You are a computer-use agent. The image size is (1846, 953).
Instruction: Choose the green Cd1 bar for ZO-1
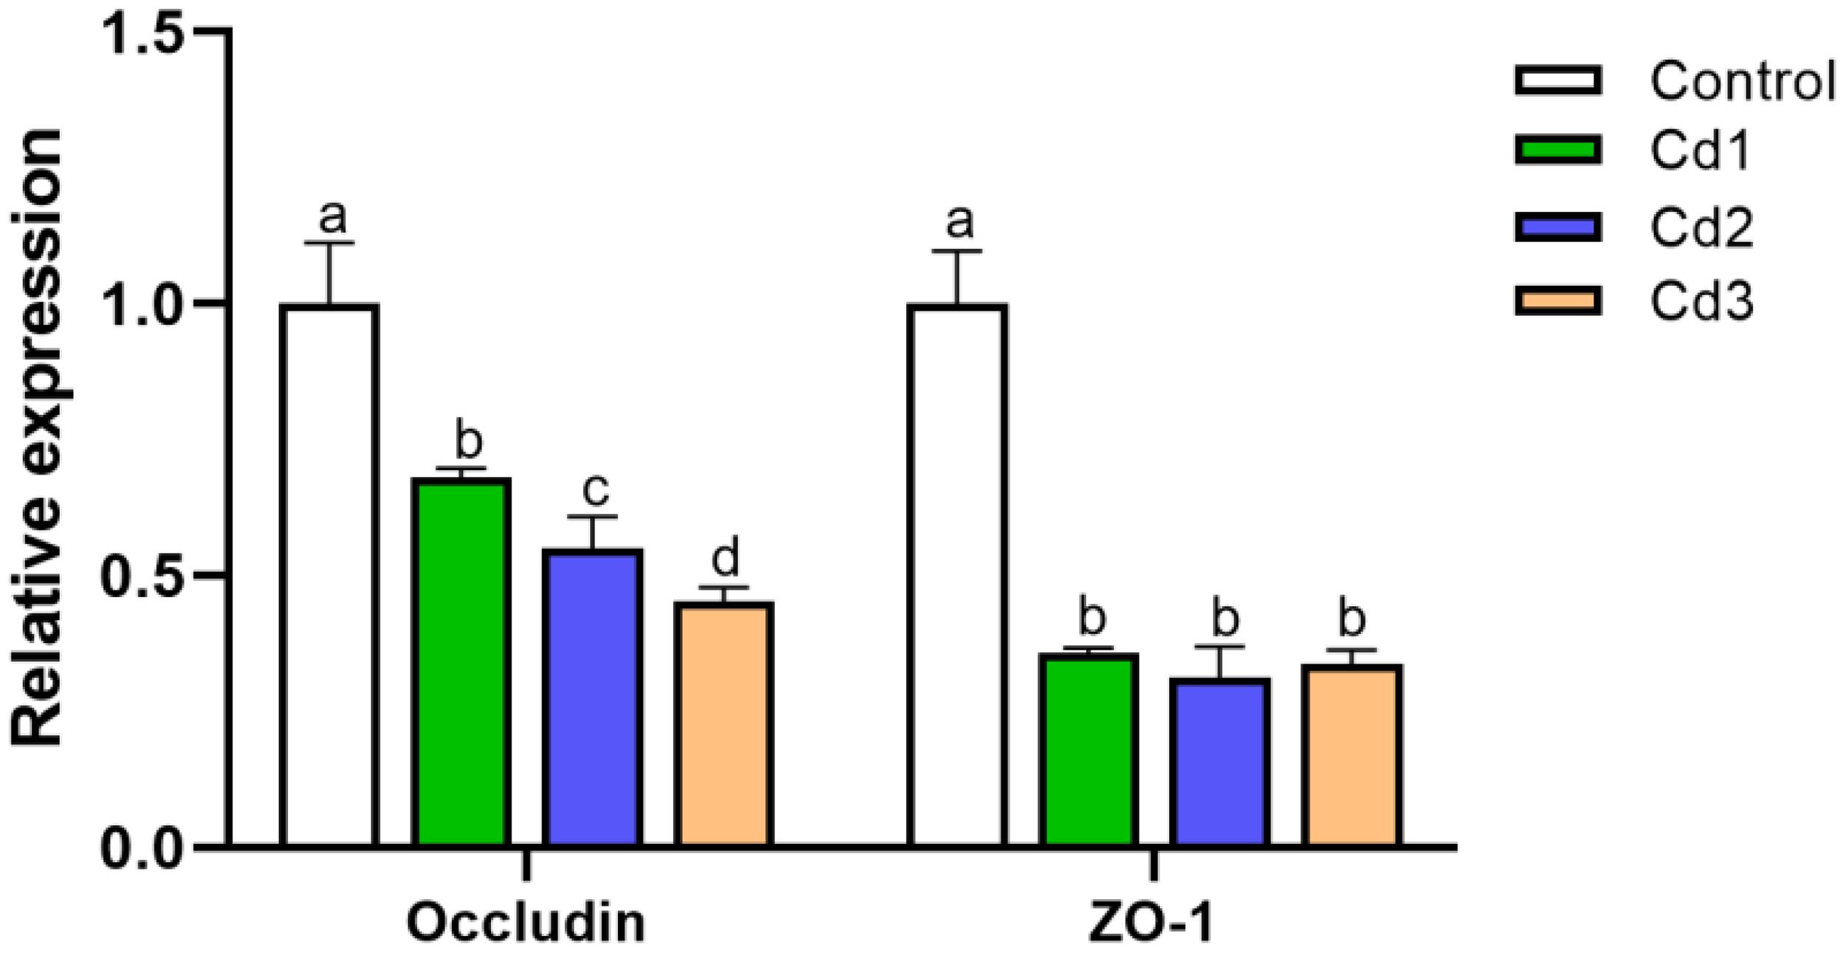1088,749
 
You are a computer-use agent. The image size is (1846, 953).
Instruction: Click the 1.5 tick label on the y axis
144,33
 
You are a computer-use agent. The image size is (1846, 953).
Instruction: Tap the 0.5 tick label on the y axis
144,578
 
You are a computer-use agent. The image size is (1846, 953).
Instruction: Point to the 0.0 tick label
144,850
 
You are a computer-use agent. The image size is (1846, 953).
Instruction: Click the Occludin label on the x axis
526,922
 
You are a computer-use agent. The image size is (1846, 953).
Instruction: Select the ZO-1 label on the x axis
1152,922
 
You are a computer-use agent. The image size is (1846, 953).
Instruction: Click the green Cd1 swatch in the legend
1558,150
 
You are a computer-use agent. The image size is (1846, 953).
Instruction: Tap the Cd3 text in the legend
1701,302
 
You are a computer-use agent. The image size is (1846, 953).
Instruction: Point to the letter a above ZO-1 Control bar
958,221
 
